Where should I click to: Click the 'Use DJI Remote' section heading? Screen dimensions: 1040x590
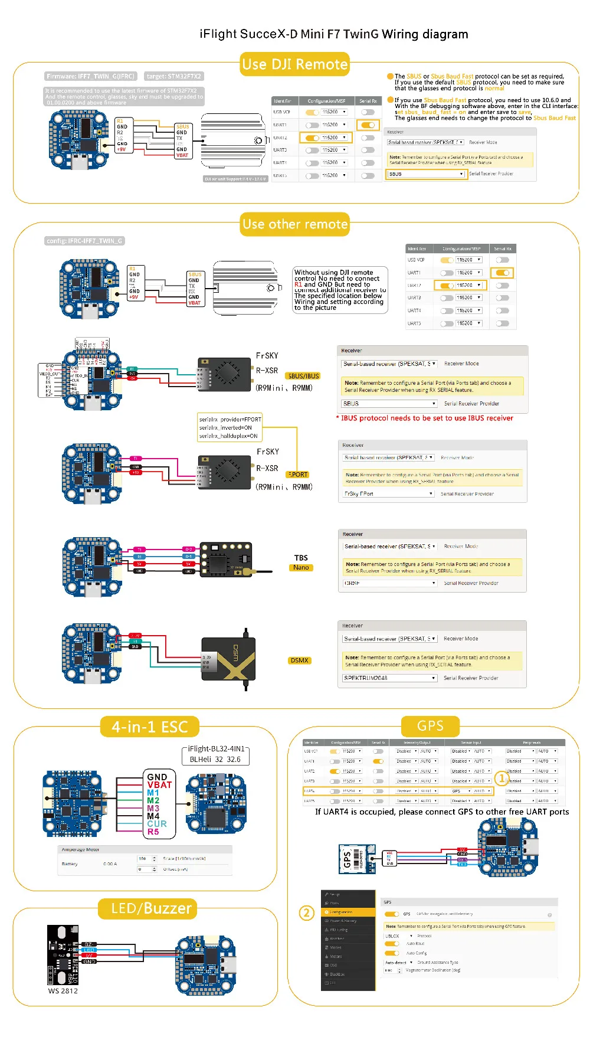(295, 64)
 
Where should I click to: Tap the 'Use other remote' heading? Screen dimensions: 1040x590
(295, 224)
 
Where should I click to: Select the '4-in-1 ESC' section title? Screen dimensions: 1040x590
(150, 727)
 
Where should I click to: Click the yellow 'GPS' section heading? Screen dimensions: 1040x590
(430, 726)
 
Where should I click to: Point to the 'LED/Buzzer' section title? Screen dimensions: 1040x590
(151, 908)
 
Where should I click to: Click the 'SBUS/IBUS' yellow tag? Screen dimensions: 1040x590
(303, 376)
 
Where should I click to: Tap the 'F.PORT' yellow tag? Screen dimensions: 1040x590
(298, 475)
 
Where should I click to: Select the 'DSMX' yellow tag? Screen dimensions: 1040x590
(300, 660)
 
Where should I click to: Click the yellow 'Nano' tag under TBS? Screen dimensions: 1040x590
(301, 568)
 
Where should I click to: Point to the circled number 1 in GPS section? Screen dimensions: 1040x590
(501, 779)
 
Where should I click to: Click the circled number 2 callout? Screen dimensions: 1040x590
(306, 913)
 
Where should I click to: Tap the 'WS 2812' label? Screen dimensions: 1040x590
(63, 991)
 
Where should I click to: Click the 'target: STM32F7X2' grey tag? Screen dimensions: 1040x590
(173, 76)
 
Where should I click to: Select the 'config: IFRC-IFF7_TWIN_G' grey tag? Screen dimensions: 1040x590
(85, 241)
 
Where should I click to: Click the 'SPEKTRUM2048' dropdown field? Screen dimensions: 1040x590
(390, 678)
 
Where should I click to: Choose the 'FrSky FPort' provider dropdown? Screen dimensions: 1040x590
(389, 494)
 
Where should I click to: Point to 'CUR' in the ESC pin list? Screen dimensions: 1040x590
(157, 824)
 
